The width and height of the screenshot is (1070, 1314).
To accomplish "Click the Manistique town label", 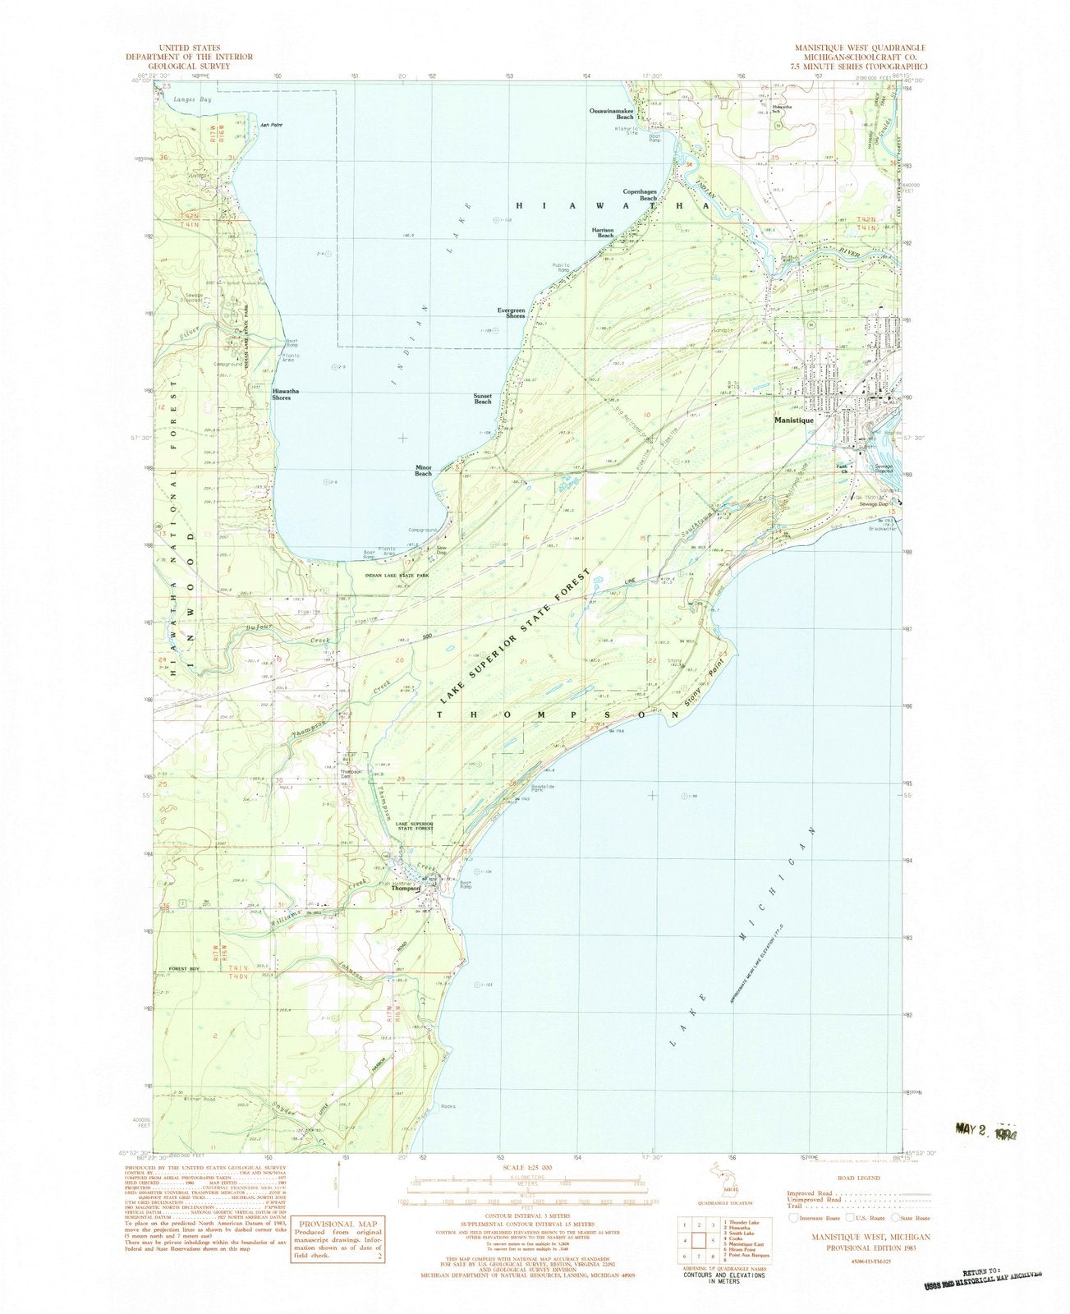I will point(794,420).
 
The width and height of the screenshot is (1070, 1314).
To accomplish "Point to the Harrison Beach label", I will point(604,232).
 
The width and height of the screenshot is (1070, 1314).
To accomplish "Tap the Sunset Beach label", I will point(483,399).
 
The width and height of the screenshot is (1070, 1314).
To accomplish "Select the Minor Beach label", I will point(423,471).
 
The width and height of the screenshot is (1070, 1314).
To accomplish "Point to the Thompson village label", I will point(406,889).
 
